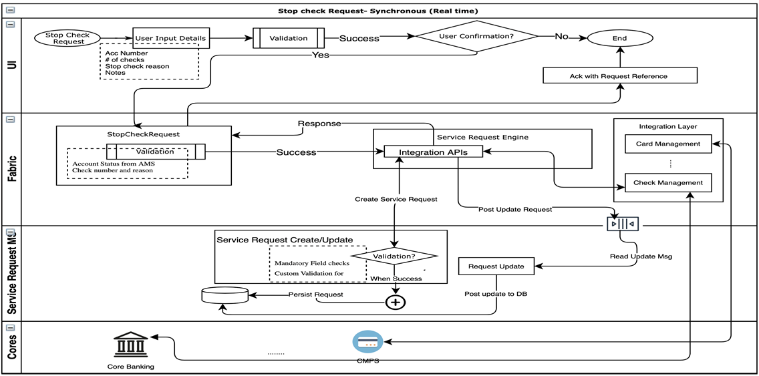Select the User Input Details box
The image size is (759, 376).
170,38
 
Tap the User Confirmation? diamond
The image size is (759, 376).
476,36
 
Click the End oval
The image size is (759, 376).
619,38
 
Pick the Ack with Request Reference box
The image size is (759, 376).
619,75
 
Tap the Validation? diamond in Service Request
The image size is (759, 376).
394,256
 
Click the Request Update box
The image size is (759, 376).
496,266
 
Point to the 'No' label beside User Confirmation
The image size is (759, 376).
561,37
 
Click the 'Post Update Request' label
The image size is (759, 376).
515,209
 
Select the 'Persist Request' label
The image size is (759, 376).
316,294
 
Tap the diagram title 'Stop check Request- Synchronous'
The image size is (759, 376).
378,11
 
